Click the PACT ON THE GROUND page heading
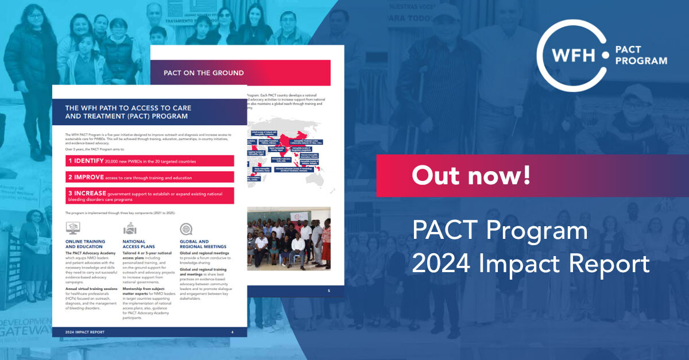click(203, 73)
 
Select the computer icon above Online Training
click(73, 229)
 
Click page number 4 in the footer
click(232, 332)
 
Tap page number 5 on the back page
click(328, 291)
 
